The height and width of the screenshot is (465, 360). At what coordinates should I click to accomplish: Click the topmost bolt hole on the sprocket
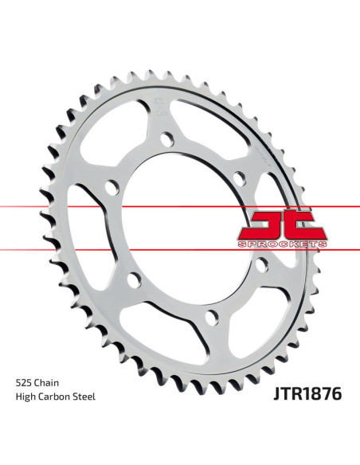click(x=166, y=139)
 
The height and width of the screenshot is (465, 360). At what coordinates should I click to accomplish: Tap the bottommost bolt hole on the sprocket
click(x=210, y=318)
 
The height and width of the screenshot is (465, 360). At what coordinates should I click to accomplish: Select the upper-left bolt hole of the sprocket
click(x=111, y=187)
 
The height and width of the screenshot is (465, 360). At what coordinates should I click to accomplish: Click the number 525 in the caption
click(x=24, y=382)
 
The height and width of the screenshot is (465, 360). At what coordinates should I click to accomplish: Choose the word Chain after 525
click(x=50, y=382)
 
